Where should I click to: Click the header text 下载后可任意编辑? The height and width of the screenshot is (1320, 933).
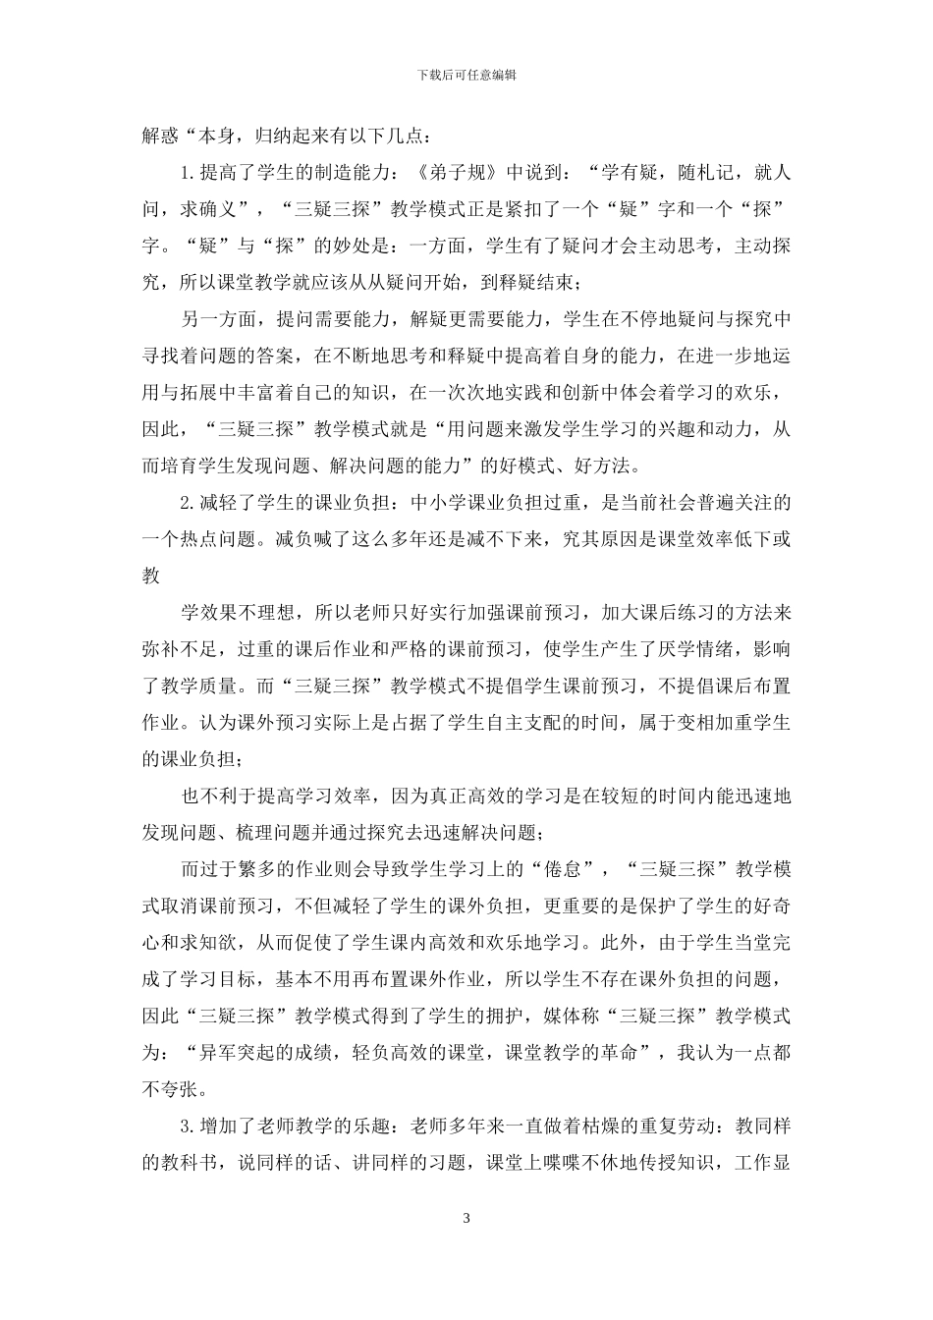(466, 75)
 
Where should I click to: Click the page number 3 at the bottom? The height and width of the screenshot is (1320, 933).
(466, 1219)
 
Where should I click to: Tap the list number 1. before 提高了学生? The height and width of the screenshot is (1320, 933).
(189, 174)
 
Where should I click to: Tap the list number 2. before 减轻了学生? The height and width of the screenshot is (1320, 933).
(189, 503)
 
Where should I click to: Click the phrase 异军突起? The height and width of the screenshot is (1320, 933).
(237, 1052)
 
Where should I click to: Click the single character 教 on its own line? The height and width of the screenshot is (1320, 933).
(151, 577)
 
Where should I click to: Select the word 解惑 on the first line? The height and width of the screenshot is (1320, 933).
(161, 137)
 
